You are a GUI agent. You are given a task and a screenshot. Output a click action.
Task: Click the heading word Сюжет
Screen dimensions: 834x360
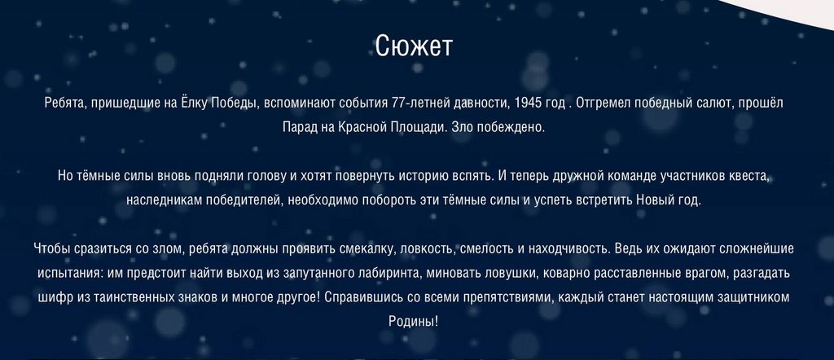tap(414, 46)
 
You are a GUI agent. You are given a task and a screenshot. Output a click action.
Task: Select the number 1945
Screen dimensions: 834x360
tap(527, 103)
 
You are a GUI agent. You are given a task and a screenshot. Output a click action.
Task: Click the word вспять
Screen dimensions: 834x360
tap(475, 176)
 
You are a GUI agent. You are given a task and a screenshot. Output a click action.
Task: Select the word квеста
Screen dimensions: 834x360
tap(750, 176)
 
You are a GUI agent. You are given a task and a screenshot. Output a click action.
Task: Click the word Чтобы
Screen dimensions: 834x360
tap(49, 249)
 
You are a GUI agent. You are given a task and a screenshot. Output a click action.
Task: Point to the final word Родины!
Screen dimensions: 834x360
tap(414, 323)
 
